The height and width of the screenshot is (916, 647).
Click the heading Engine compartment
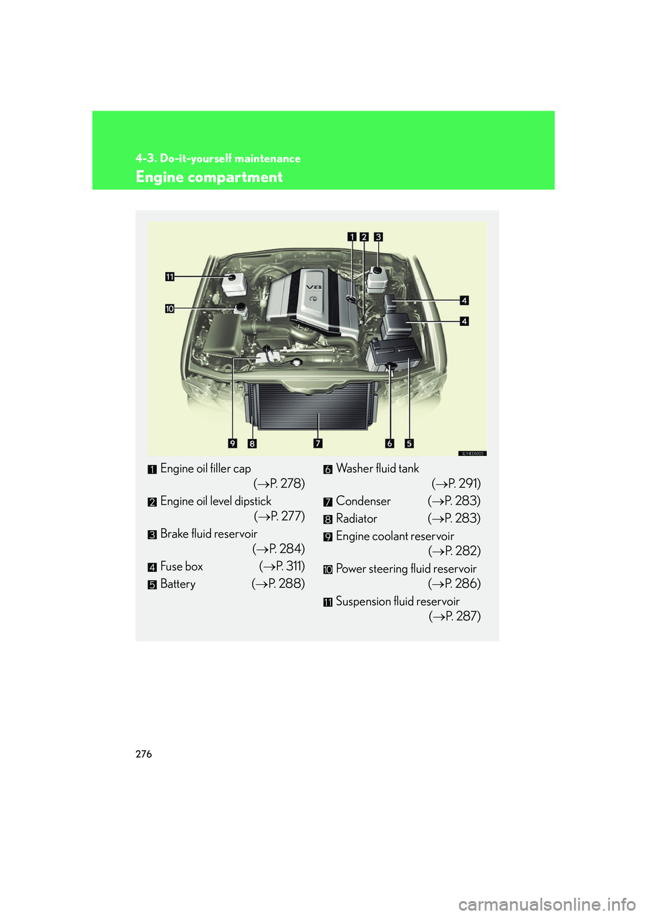tap(209, 177)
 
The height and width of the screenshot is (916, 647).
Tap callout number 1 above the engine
tap(352, 237)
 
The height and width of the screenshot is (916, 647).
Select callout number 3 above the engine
tap(378, 237)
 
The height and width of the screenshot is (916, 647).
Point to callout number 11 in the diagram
tap(170, 277)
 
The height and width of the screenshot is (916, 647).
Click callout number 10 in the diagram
tap(170, 309)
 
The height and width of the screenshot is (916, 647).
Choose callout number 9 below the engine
tap(233, 443)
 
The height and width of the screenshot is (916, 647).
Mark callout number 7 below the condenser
tap(317, 443)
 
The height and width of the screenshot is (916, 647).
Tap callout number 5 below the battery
tap(409, 443)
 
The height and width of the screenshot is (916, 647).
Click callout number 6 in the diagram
tap(390, 443)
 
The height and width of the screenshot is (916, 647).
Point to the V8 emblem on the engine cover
tap(314, 287)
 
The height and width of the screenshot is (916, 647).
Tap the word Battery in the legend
tap(178, 584)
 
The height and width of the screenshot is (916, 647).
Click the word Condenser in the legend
tap(363, 501)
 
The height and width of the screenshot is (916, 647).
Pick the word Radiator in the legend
tap(357, 519)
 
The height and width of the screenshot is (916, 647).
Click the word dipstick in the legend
tap(253, 501)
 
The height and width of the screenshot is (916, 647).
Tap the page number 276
tap(144, 754)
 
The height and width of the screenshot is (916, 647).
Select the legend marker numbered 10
tap(328, 570)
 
